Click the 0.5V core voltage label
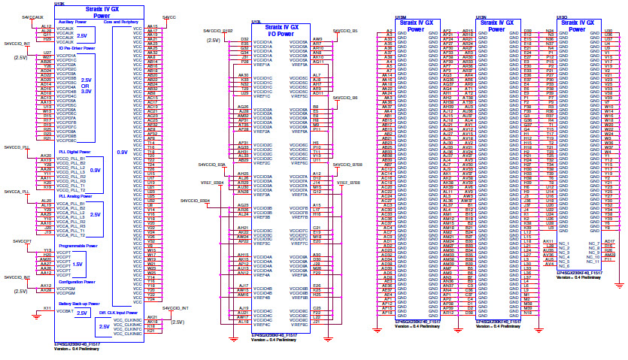[121, 153]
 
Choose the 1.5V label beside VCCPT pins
[77, 265]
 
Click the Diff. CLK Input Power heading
[119, 312]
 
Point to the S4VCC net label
[170, 16]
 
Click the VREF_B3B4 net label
[211, 182]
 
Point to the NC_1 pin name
[564, 244]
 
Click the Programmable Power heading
[77, 245]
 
